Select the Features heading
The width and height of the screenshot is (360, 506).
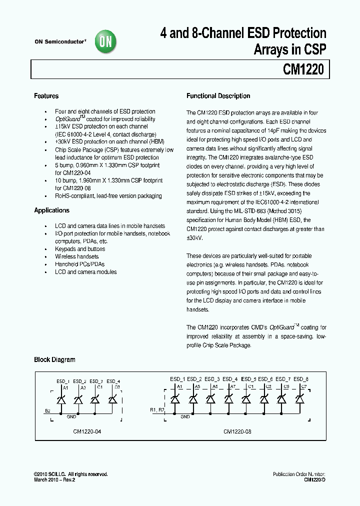click(x=46, y=96)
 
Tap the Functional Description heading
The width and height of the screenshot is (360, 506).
click(x=218, y=96)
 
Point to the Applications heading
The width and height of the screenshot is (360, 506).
click(x=51, y=210)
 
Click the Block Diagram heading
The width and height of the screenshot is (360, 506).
click(x=54, y=359)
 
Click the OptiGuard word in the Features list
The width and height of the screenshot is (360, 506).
click(x=67, y=119)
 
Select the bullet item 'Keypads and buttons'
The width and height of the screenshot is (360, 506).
click(x=80, y=249)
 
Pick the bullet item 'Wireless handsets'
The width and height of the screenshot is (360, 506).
click(x=77, y=256)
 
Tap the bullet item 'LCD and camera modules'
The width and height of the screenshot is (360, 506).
click(x=85, y=272)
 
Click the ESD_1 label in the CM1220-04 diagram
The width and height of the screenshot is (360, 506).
click(x=62, y=381)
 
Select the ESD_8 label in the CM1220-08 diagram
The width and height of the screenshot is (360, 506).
click(x=301, y=379)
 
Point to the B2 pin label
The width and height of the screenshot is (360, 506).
click(x=48, y=411)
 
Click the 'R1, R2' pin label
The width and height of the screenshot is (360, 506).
click(x=156, y=410)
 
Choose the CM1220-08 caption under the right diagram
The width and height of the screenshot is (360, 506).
click(x=236, y=431)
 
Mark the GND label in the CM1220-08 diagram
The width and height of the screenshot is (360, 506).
click(x=185, y=416)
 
